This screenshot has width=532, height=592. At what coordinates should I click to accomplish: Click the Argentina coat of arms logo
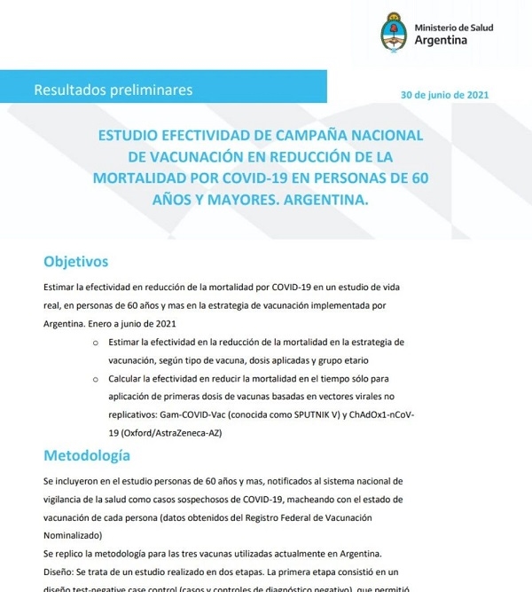tap(393, 33)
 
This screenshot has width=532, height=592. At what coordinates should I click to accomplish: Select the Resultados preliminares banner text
tap(113, 90)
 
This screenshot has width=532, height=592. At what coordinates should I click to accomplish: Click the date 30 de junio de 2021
tap(443, 94)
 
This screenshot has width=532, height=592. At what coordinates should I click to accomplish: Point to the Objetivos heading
tap(75, 261)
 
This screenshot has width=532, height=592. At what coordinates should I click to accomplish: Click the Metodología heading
tap(87, 455)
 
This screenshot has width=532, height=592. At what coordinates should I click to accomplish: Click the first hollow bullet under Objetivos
tap(95, 341)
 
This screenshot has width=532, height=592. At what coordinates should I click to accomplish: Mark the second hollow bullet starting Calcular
tap(95, 377)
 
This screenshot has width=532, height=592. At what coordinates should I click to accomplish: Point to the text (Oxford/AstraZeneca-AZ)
tap(163, 432)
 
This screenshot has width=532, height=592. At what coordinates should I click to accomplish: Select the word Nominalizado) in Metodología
tap(73, 535)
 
